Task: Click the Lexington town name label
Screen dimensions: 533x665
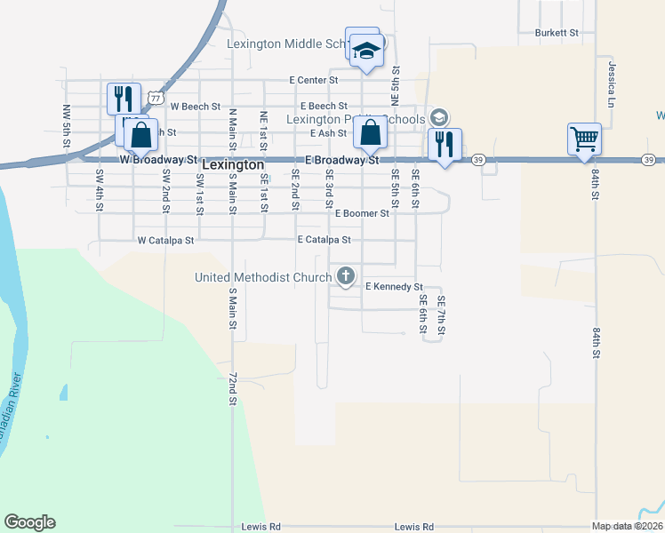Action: pos(233,165)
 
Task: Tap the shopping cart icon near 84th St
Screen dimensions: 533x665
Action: pos(584,138)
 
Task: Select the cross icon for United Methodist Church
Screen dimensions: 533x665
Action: pos(345,276)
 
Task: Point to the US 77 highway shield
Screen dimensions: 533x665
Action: pos(156,96)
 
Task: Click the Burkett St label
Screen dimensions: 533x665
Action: pos(557,33)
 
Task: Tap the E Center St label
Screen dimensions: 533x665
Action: pos(314,80)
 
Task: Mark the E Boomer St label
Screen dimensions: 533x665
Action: pos(362,213)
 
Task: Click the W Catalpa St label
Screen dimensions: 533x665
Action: pos(164,240)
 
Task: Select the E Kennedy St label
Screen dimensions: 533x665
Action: pos(394,287)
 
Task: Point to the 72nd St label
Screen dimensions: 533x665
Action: pos(233,389)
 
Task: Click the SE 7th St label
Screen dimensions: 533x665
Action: pos(441,314)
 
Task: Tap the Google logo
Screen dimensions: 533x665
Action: pos(29,522)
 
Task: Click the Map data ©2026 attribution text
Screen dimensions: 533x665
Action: pos(627,526)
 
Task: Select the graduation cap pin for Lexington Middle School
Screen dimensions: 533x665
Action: pos(365,50)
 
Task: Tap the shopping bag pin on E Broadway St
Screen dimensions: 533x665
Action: pos(370,134)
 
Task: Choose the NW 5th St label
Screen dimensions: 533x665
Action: pos(67,125)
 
